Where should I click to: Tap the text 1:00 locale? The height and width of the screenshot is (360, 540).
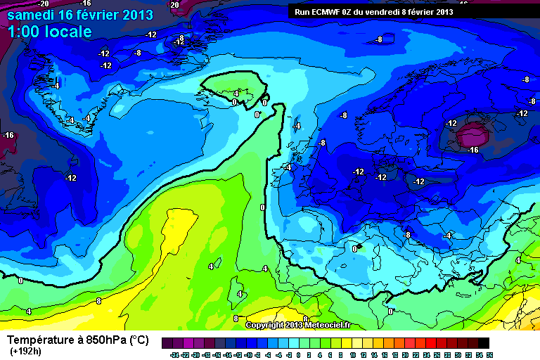tap(49, 32)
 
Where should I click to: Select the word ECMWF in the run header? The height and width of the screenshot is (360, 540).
tap(328, 12)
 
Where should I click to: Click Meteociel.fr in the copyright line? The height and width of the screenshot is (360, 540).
tap(328, 325)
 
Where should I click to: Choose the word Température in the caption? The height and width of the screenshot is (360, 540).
tap(43, 340)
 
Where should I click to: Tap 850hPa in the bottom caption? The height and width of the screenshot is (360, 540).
tap(105, 340)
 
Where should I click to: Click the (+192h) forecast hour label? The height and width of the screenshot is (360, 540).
tap(26, 351)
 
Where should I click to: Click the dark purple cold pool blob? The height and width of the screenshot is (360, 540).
tap(472, 133)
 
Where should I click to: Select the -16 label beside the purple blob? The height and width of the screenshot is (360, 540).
tap(472, 150)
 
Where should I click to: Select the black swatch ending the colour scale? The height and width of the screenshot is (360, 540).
tap(484, 344)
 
